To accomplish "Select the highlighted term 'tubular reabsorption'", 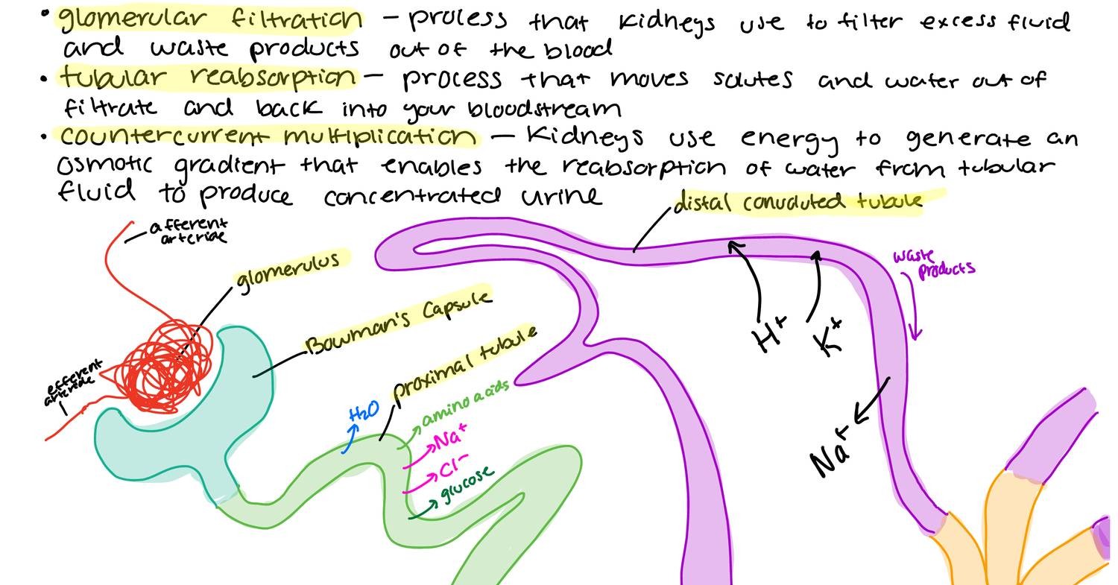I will tap(209, 77).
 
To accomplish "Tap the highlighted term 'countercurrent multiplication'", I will tap(268, 136).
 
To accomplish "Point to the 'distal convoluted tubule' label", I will tap(798, 202).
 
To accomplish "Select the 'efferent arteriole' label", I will tap(72, 383).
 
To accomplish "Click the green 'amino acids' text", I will tap(465, 402).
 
